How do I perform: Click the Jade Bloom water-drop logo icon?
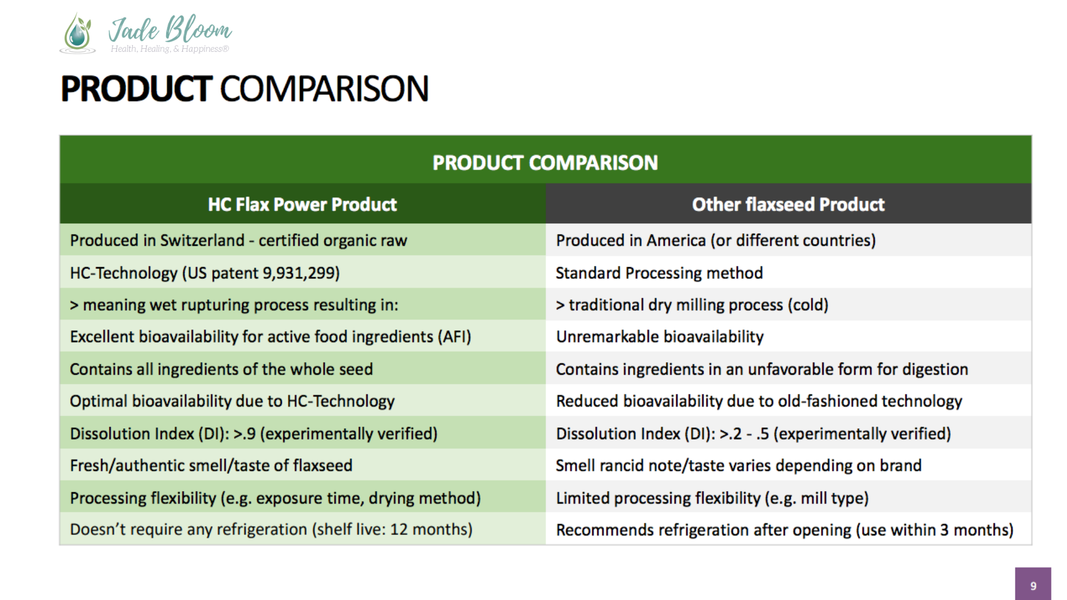click(77, 33)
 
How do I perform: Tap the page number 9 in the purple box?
click(1033, 586)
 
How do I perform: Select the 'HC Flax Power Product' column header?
click(302, 204)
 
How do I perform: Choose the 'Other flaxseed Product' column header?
click(788, 204)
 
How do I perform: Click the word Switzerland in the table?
click(202, 241)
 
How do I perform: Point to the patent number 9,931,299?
click(301, 273)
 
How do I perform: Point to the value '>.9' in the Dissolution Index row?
click(245, 433)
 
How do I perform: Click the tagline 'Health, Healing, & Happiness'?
click(169, 49)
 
